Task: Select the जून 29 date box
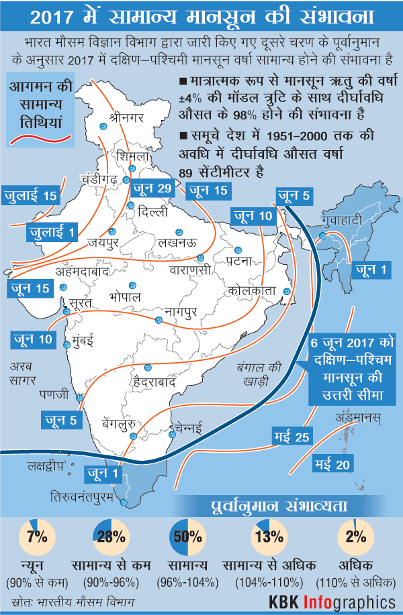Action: (x=152, y=188)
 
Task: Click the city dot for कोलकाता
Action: (x=287, y=292)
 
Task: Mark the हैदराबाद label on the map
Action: (x=154, y=382)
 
